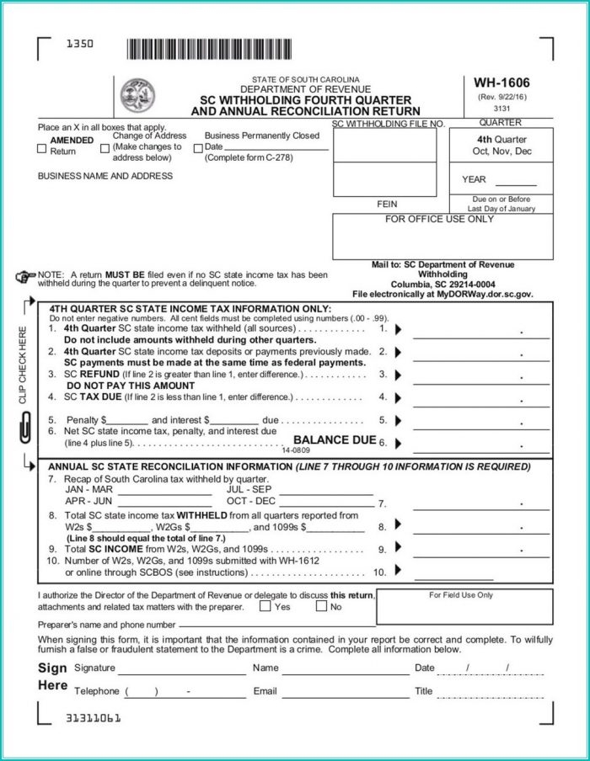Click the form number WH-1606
coord(501,83)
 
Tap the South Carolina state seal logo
coord(132,93)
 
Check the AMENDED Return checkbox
coord(42,149)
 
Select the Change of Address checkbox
coord(105,149)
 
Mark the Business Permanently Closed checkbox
coord(197,147)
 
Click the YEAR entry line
coord(520,180)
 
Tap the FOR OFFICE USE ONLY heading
coord(439,219)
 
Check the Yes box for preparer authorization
coord(265,605)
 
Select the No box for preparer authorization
coord(321,605)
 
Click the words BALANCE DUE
coord(334,439)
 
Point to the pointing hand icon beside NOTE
coord(25,275)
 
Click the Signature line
coord(176,669)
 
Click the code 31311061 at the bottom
coord(94,718)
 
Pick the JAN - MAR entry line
coord(169,491)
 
